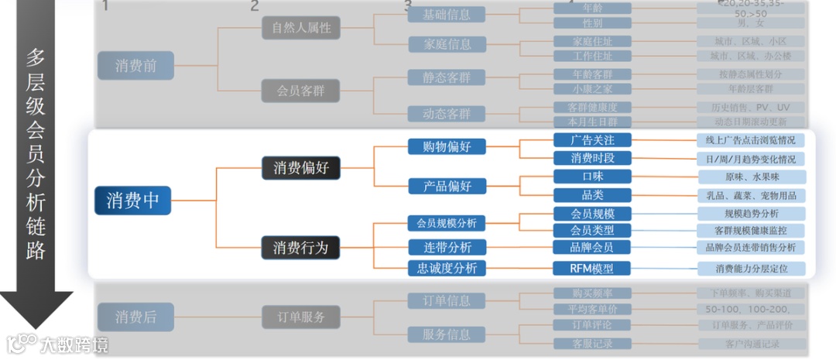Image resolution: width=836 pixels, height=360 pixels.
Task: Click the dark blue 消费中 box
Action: click(x=132, y=201)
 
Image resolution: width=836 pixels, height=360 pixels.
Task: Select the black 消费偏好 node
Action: click(x=300, y=167)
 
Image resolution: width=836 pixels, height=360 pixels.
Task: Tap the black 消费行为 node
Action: click(x=300, y=248)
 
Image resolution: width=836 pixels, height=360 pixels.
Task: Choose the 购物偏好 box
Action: click(x=447, y=146)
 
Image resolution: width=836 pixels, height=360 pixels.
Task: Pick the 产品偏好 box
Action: click(x=447, y=186)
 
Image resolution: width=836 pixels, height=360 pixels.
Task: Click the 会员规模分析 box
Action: click(x=447, y=223)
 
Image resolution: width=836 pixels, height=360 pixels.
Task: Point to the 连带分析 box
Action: click(x=447, y=247)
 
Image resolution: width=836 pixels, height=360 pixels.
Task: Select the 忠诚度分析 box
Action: click(x=447, y=269)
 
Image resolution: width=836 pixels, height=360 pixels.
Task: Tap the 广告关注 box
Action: click(x=592, y=140)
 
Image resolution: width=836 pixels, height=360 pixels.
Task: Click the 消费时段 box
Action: click(x=592, y=158)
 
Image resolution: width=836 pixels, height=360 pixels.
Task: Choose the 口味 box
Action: click(x=592, y=177)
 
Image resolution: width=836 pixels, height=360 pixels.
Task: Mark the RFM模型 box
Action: click(x=592, y=269)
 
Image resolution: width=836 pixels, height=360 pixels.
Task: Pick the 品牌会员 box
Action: click(x=592, y=247)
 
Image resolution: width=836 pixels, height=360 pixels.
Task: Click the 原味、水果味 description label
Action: click(x=751, y=177)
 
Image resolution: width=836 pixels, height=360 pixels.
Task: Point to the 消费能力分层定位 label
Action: click(x=751, y=269)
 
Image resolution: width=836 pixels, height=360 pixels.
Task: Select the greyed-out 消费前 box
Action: click(x=135, y=66)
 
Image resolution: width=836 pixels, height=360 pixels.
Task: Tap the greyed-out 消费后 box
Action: click(x=135, y=317)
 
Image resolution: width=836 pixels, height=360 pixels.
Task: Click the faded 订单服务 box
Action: click(x=300, y=317)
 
